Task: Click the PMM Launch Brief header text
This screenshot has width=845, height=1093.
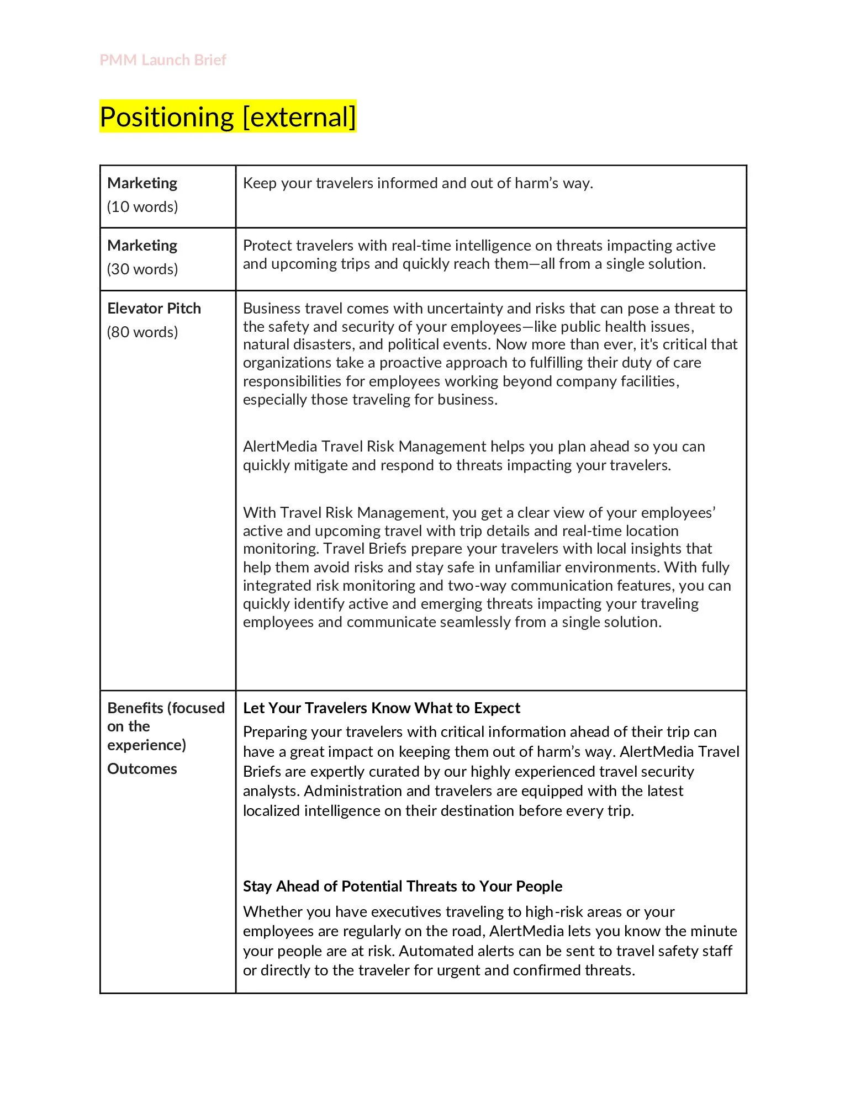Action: (163, 60)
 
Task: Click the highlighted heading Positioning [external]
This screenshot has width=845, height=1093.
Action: (228, 117)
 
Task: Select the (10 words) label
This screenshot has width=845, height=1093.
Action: (142, 207)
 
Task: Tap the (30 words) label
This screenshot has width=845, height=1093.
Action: (142, 269)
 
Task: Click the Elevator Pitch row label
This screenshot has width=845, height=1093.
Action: (154, 308)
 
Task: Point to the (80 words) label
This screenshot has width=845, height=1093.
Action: (142, 332)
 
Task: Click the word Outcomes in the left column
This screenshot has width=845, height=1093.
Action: (142, 769)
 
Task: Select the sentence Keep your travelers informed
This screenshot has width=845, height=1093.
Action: (418, 183)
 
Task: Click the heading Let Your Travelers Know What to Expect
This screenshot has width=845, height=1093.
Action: (381, 708)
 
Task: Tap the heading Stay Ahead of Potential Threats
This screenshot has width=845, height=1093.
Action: (402, 887)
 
